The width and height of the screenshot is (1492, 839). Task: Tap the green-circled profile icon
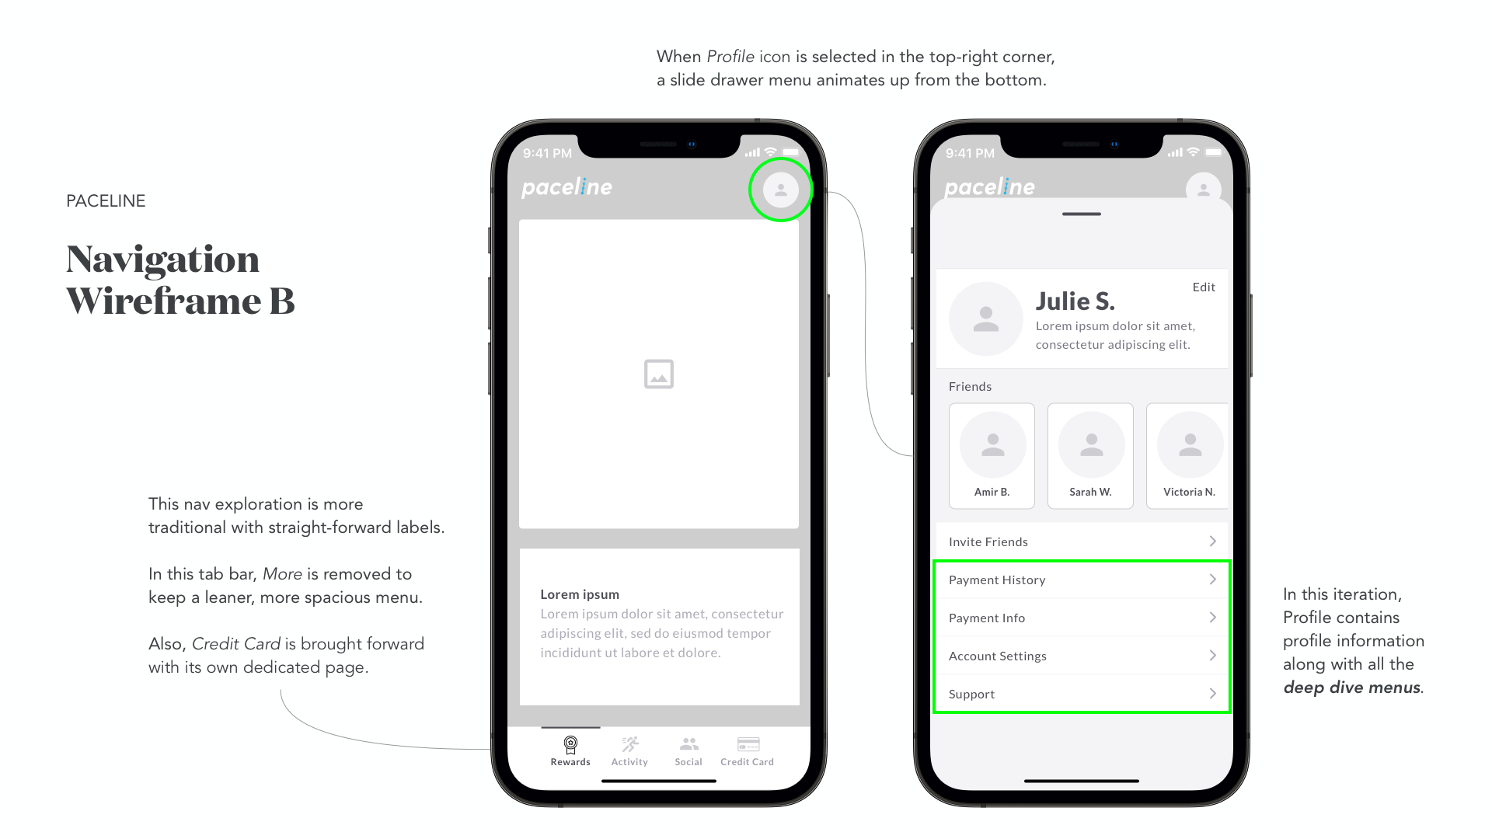coord(781,190)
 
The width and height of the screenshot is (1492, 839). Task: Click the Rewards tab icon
coord(570,745)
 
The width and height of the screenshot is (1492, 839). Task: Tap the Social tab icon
coord(688,744)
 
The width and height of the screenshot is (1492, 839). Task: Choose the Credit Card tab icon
coord(748,744)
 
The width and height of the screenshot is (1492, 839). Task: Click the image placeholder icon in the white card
coord(659,374)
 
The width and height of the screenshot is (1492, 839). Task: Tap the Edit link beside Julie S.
coord(1204,287)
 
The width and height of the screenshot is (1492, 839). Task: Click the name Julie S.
coord(1075,301)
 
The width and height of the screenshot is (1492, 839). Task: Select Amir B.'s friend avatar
coord(993,445)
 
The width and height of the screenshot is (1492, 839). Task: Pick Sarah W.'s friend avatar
coord(1092,445)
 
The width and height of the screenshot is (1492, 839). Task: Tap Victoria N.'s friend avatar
coord(1190,445)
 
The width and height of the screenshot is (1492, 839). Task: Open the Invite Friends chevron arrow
coord(1212,541)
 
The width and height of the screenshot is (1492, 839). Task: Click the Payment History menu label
coord(997,580)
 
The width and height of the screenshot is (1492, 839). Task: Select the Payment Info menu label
coord(987,618)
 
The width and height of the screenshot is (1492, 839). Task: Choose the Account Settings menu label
coord(998,656)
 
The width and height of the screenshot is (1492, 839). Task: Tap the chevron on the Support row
coord(1212,694)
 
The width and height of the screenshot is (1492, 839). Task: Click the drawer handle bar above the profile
coord(1082,214)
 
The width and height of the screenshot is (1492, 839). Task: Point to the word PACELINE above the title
coord(106,201)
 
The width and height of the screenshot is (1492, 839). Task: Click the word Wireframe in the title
coord(163,301)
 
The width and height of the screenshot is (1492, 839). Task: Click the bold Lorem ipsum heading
coord(580,594)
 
